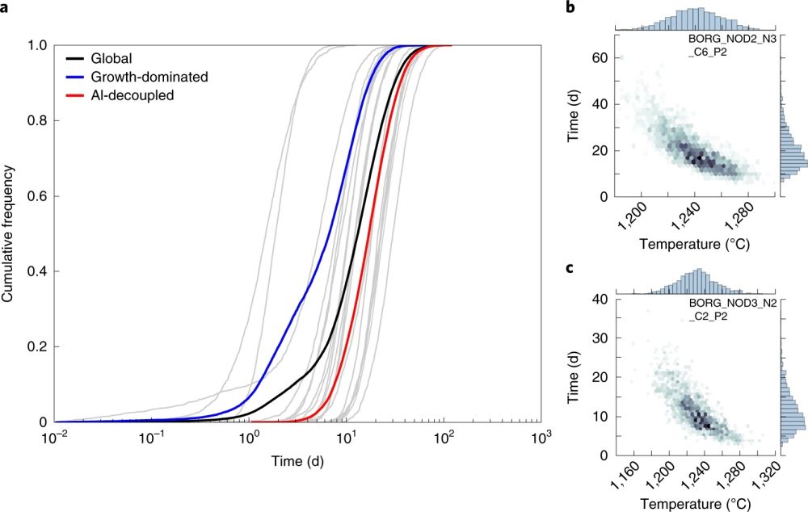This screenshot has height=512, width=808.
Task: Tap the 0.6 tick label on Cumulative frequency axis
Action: [x=37, y=196]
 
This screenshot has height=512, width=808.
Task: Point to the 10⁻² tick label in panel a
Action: [x=54, y=439]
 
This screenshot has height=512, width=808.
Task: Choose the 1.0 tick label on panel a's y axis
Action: [x=37, y=45]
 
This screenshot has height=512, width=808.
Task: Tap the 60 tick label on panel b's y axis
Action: [x=599, y=59]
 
